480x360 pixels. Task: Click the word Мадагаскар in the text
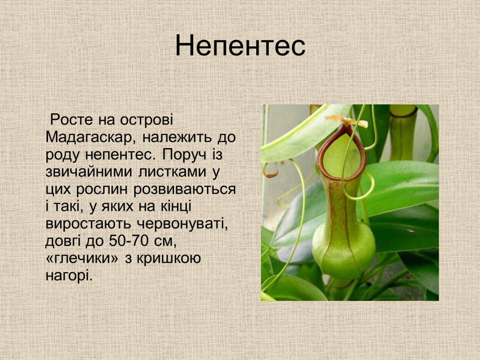pos(89,137)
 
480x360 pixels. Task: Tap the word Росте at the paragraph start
pos(71,120)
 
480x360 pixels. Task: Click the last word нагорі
pos(69,276)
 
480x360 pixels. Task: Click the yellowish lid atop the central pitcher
pos(348,121)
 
